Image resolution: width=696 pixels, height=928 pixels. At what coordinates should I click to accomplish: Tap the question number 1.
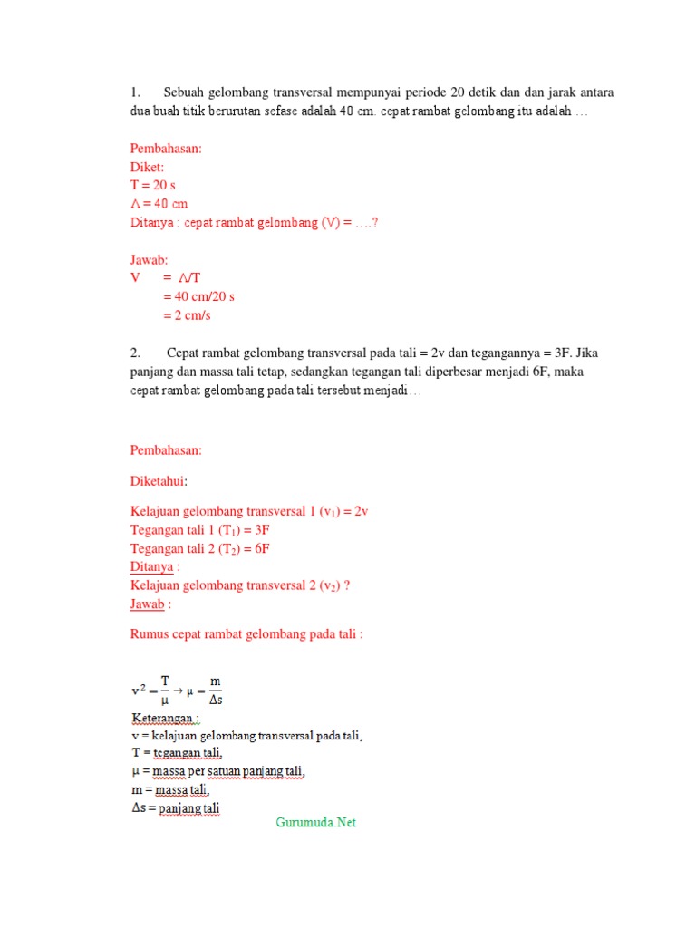point(135,92)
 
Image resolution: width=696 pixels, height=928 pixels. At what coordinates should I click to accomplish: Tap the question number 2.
point(135,353)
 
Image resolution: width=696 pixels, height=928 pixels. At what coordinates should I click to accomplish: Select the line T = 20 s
point(153,185)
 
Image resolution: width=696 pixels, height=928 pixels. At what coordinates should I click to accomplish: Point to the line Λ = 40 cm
point(159,203)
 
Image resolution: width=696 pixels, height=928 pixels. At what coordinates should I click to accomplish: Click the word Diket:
point(148,167)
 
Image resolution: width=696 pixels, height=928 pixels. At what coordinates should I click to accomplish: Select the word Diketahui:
point(159,481)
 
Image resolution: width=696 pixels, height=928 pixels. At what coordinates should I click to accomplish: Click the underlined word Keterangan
point(165,719)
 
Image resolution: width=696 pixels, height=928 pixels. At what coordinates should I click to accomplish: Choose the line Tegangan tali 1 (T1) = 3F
point(200,530)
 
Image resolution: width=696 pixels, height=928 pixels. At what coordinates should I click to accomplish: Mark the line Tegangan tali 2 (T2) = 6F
point(200,548)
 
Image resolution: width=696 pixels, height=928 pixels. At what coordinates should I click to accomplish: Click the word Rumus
point(150,634)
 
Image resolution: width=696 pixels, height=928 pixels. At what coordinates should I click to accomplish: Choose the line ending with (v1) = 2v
point(249,511)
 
